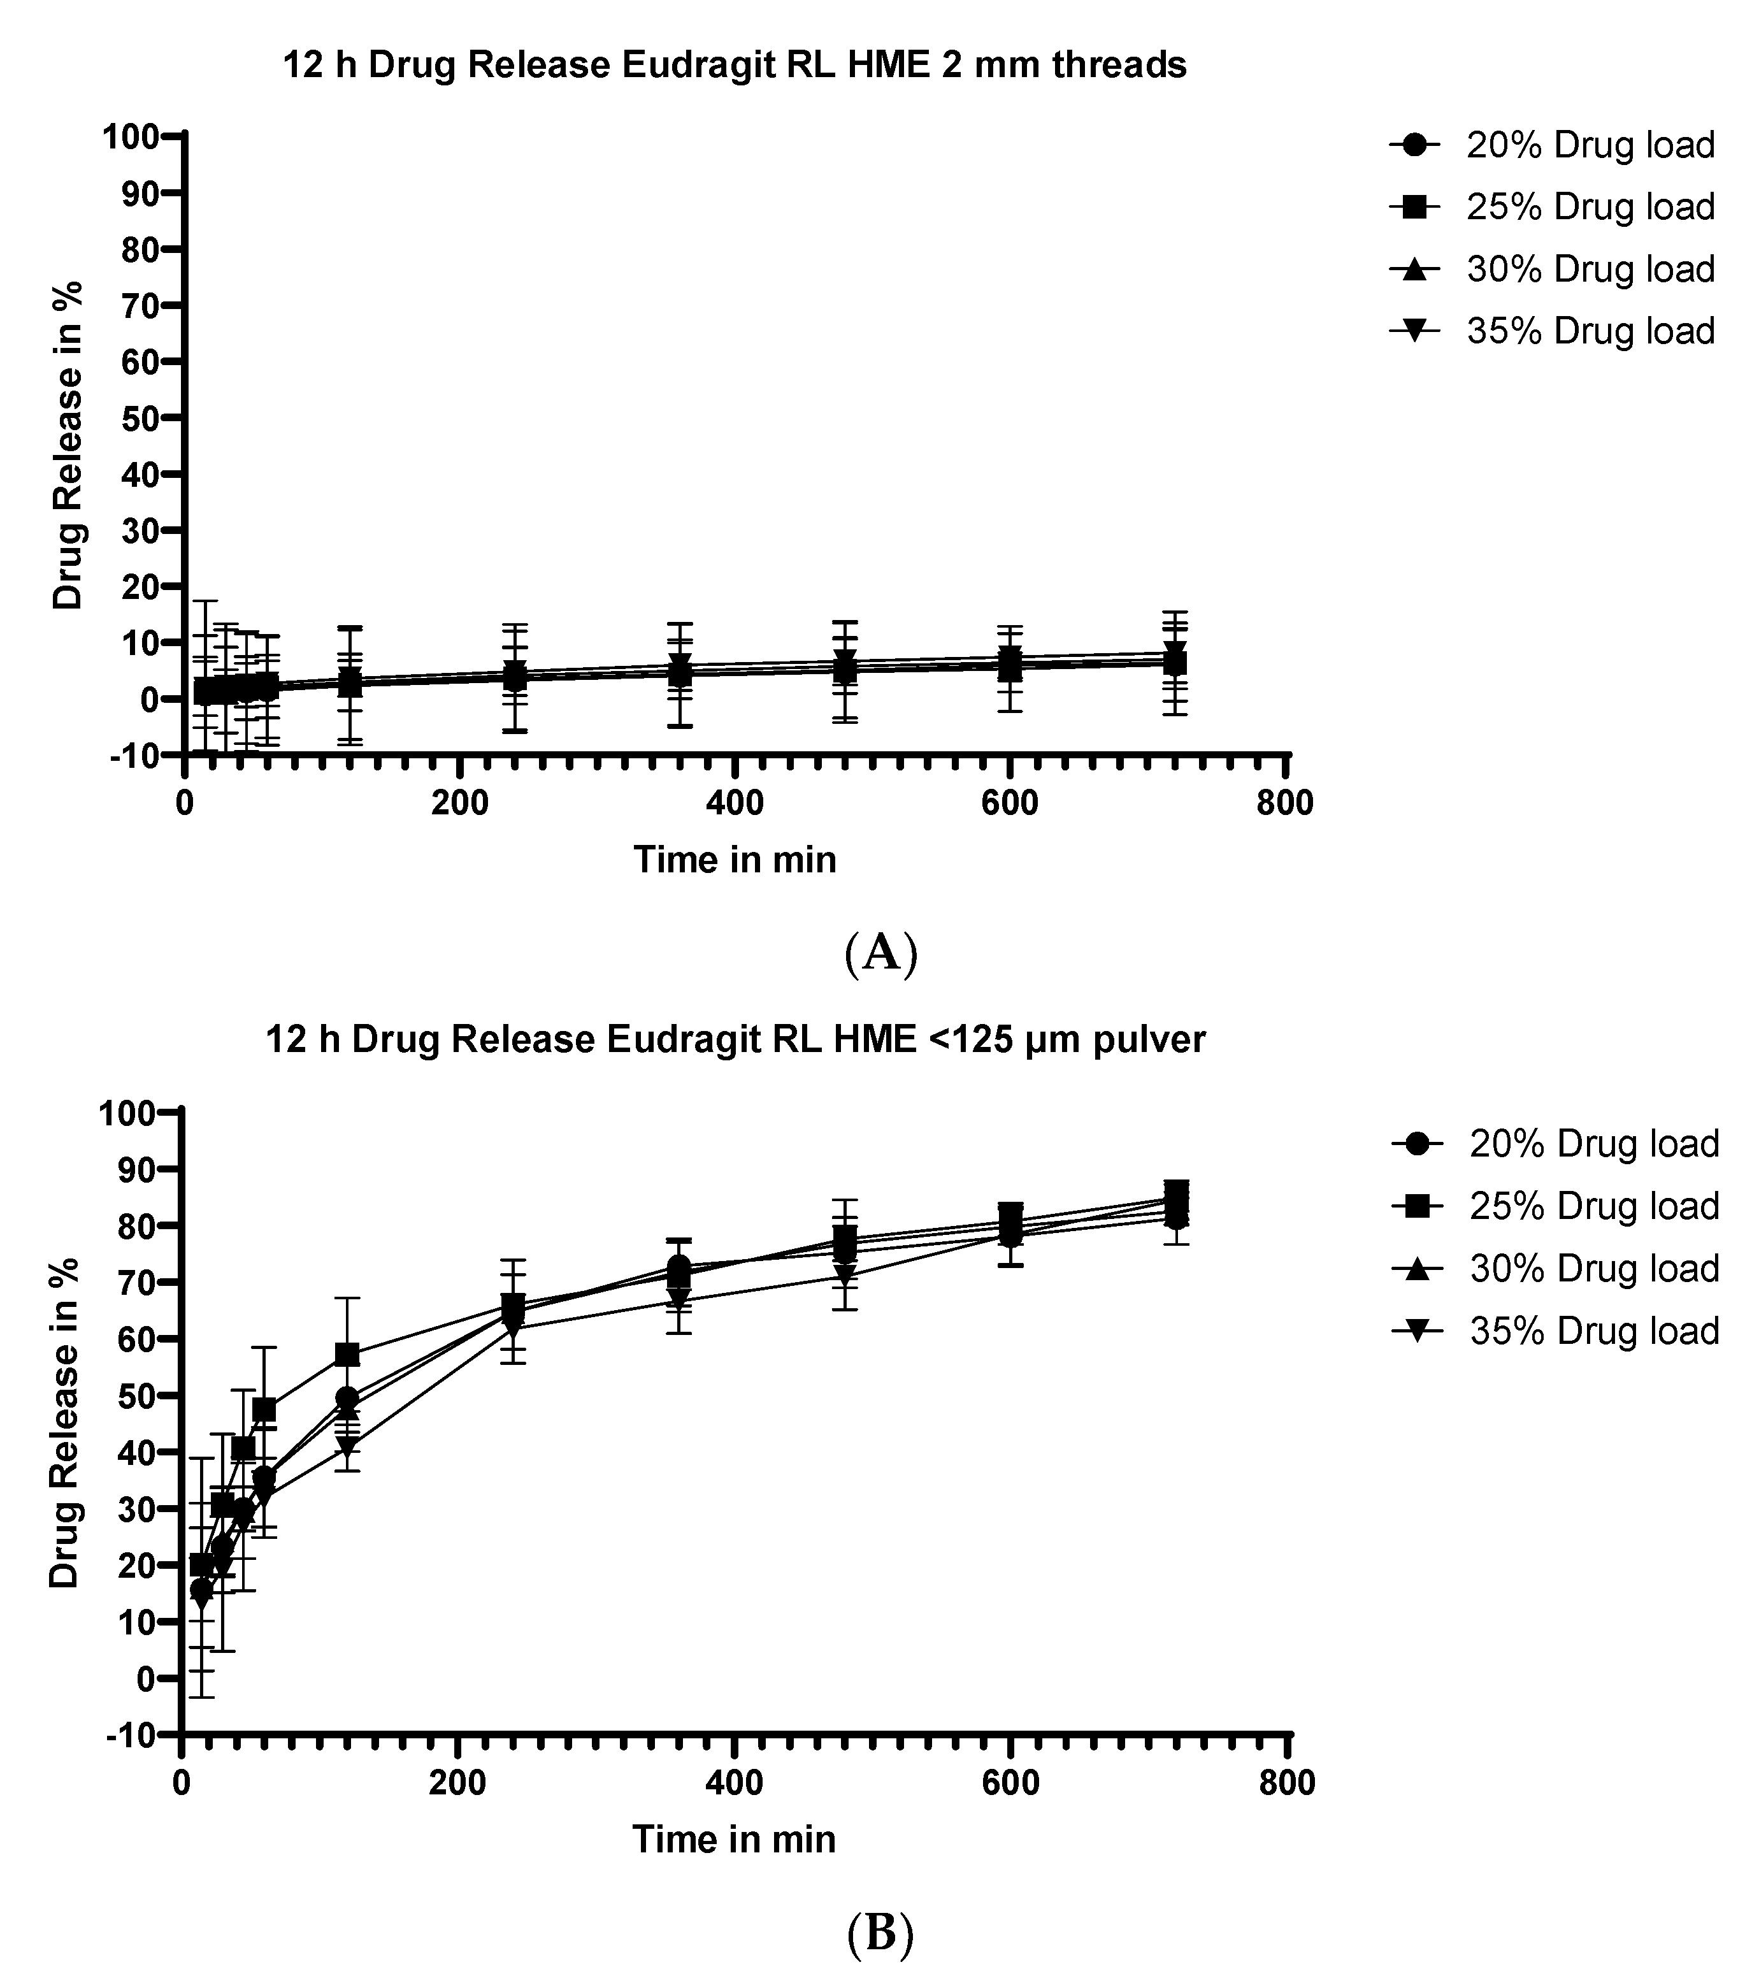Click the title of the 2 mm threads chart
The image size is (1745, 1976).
(x=734, y=66)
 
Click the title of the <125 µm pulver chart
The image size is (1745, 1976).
(x=735, y=1039)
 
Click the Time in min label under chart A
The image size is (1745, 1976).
(x=735, y=860)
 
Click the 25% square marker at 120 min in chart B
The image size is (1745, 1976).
(x=347, y=1354)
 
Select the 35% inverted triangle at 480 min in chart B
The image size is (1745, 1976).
(x=844, y=1275)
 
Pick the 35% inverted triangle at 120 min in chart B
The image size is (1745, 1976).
(x=347, y=1447)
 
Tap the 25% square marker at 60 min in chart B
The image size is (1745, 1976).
(x=264, y=1408)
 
